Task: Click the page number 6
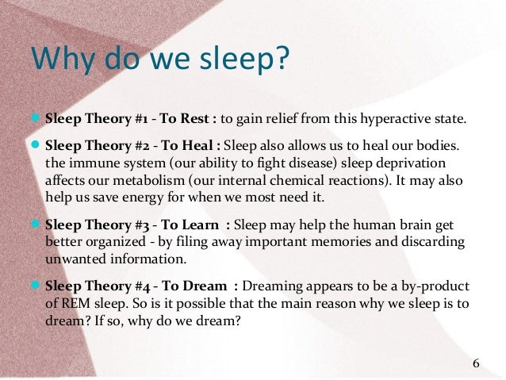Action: pos(475,364)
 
